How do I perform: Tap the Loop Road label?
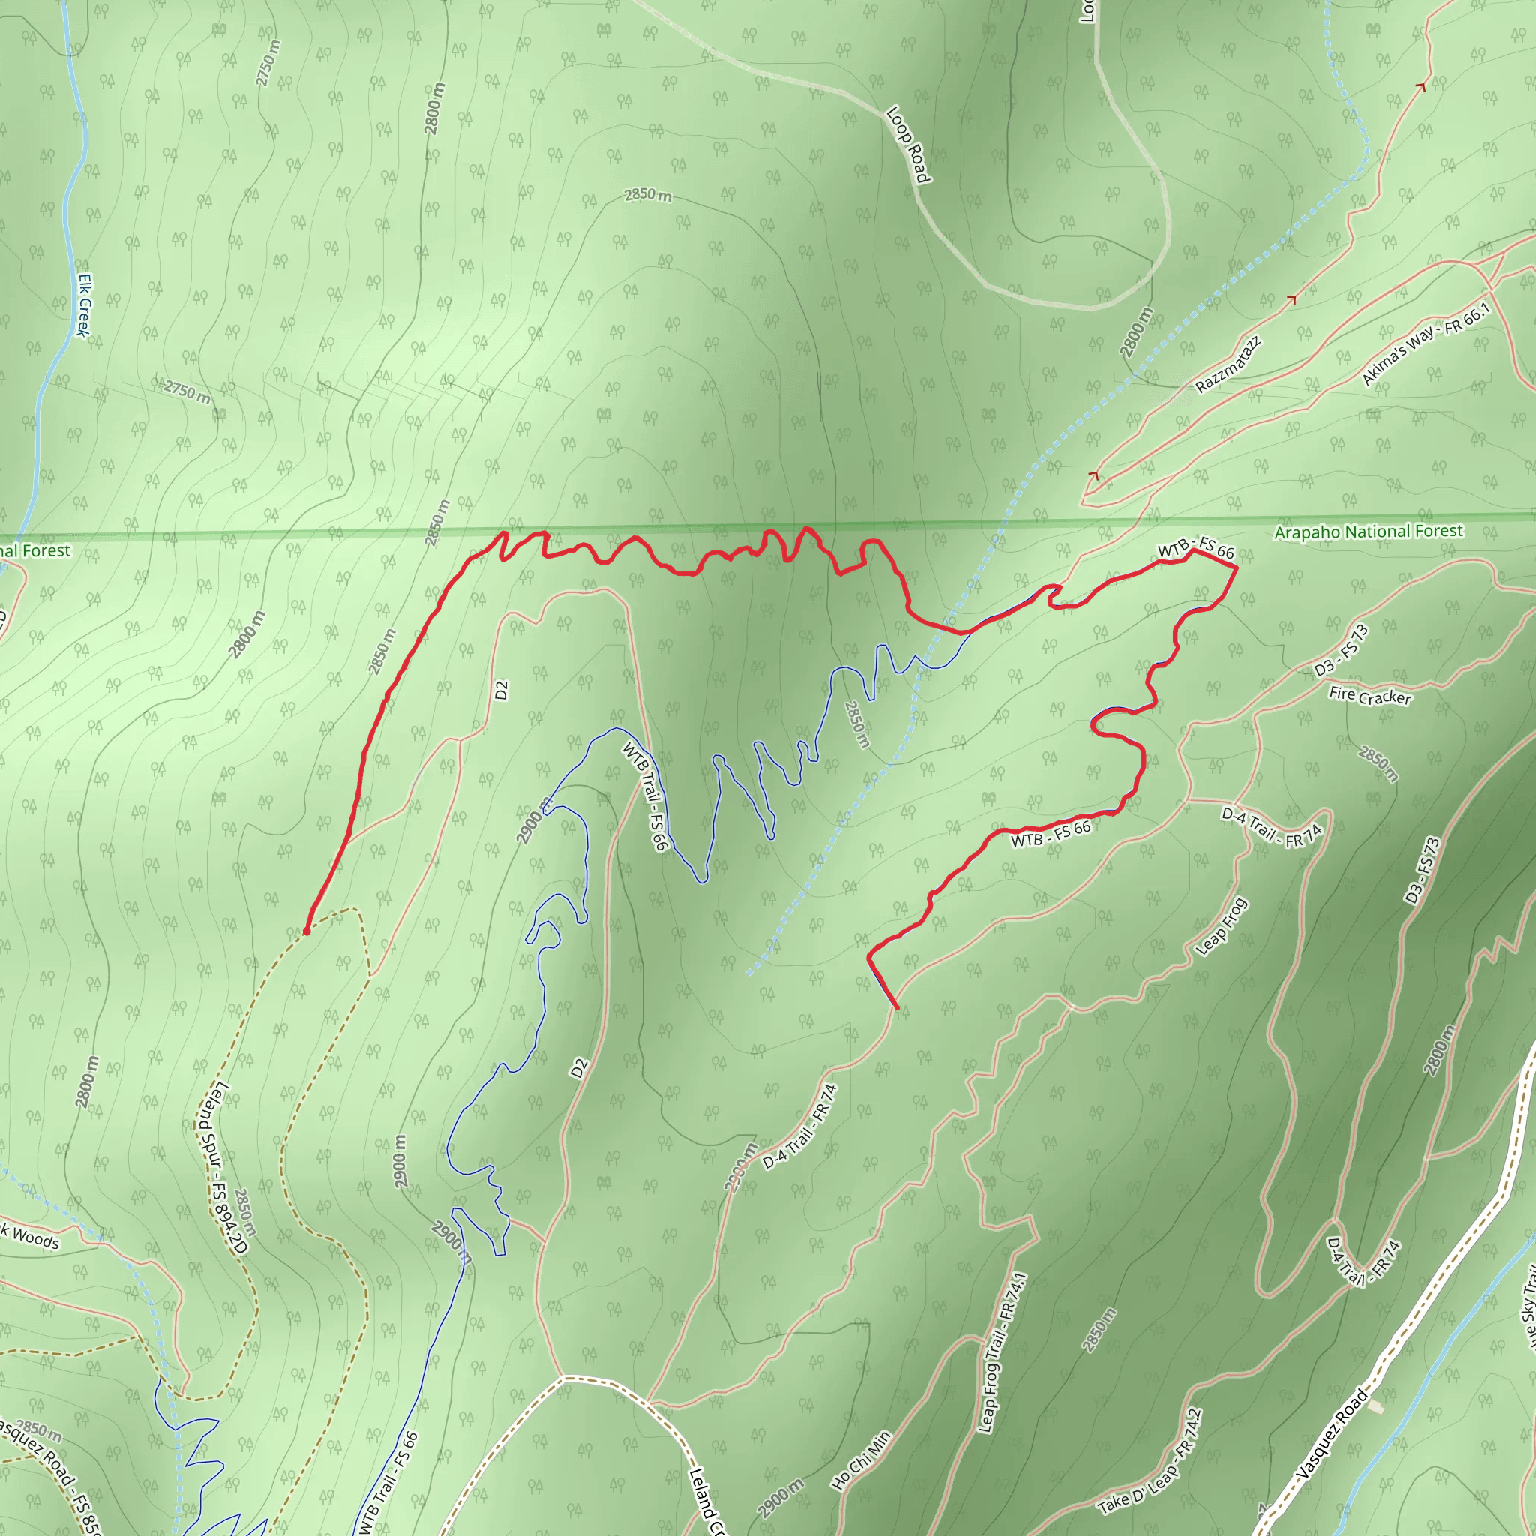(908, 145)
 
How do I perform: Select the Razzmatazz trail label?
(1228, 364)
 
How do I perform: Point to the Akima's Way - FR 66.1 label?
(1426, 344)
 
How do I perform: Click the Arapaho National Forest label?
(1368, 531)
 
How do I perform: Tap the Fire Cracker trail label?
(1369, 697)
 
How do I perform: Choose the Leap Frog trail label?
(1222, 926)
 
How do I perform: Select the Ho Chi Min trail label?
(861, 1460)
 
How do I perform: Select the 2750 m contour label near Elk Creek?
(187, 391)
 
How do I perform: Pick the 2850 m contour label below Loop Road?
(647, 195)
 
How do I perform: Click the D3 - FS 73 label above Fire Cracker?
(1342, 651)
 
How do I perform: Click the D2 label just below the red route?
(501, 691)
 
